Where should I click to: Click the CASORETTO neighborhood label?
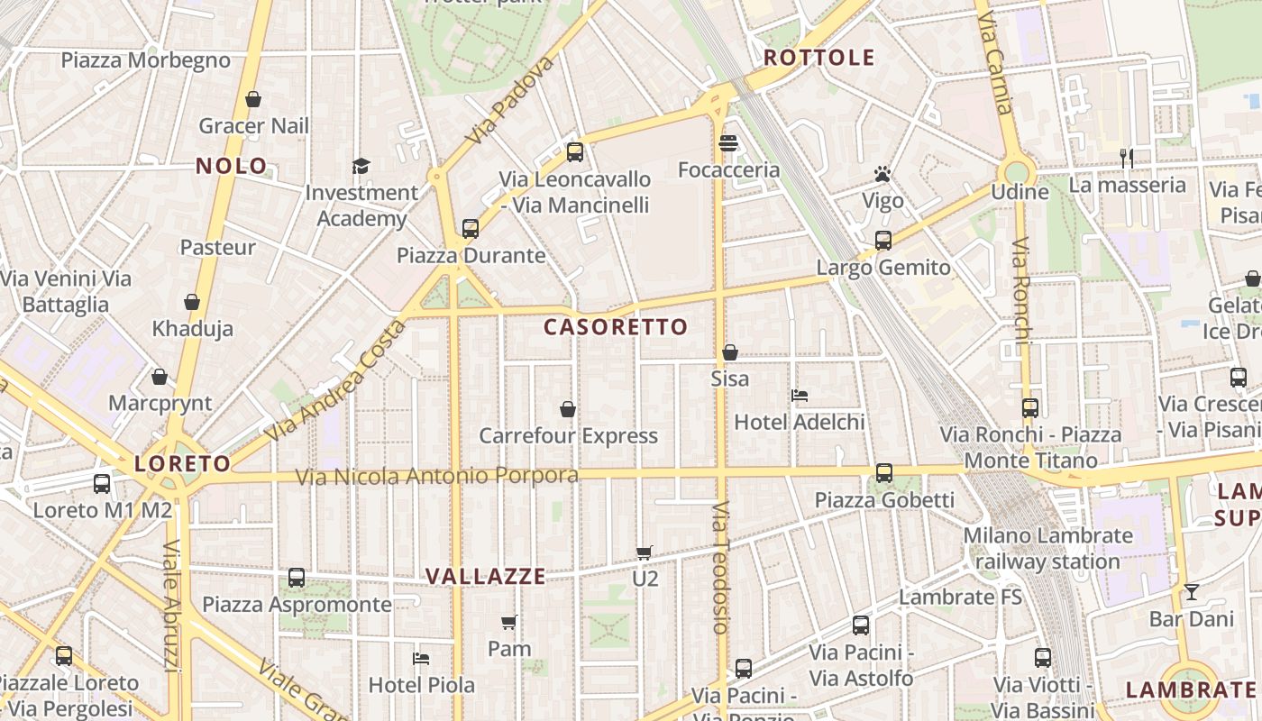616,327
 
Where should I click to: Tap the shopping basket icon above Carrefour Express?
568,410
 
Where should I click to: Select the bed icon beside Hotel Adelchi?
799,395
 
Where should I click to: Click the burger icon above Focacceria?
728,143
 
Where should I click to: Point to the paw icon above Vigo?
882,174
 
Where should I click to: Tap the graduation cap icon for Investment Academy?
361,166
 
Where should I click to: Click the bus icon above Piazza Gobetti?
884,473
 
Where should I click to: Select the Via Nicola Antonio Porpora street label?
438,476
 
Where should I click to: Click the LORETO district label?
183,464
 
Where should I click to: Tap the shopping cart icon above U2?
645,552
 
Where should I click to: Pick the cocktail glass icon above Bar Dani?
1192,592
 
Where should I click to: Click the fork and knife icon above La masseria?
1127,159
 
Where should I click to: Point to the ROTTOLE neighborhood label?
819,58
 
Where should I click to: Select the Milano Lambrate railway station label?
1047,548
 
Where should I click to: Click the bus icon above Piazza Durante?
471,229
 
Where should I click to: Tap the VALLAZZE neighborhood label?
486,577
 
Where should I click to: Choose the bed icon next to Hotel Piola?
421,659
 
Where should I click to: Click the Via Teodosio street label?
719,568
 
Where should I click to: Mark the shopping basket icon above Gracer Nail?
253,99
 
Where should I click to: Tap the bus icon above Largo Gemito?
883,241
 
